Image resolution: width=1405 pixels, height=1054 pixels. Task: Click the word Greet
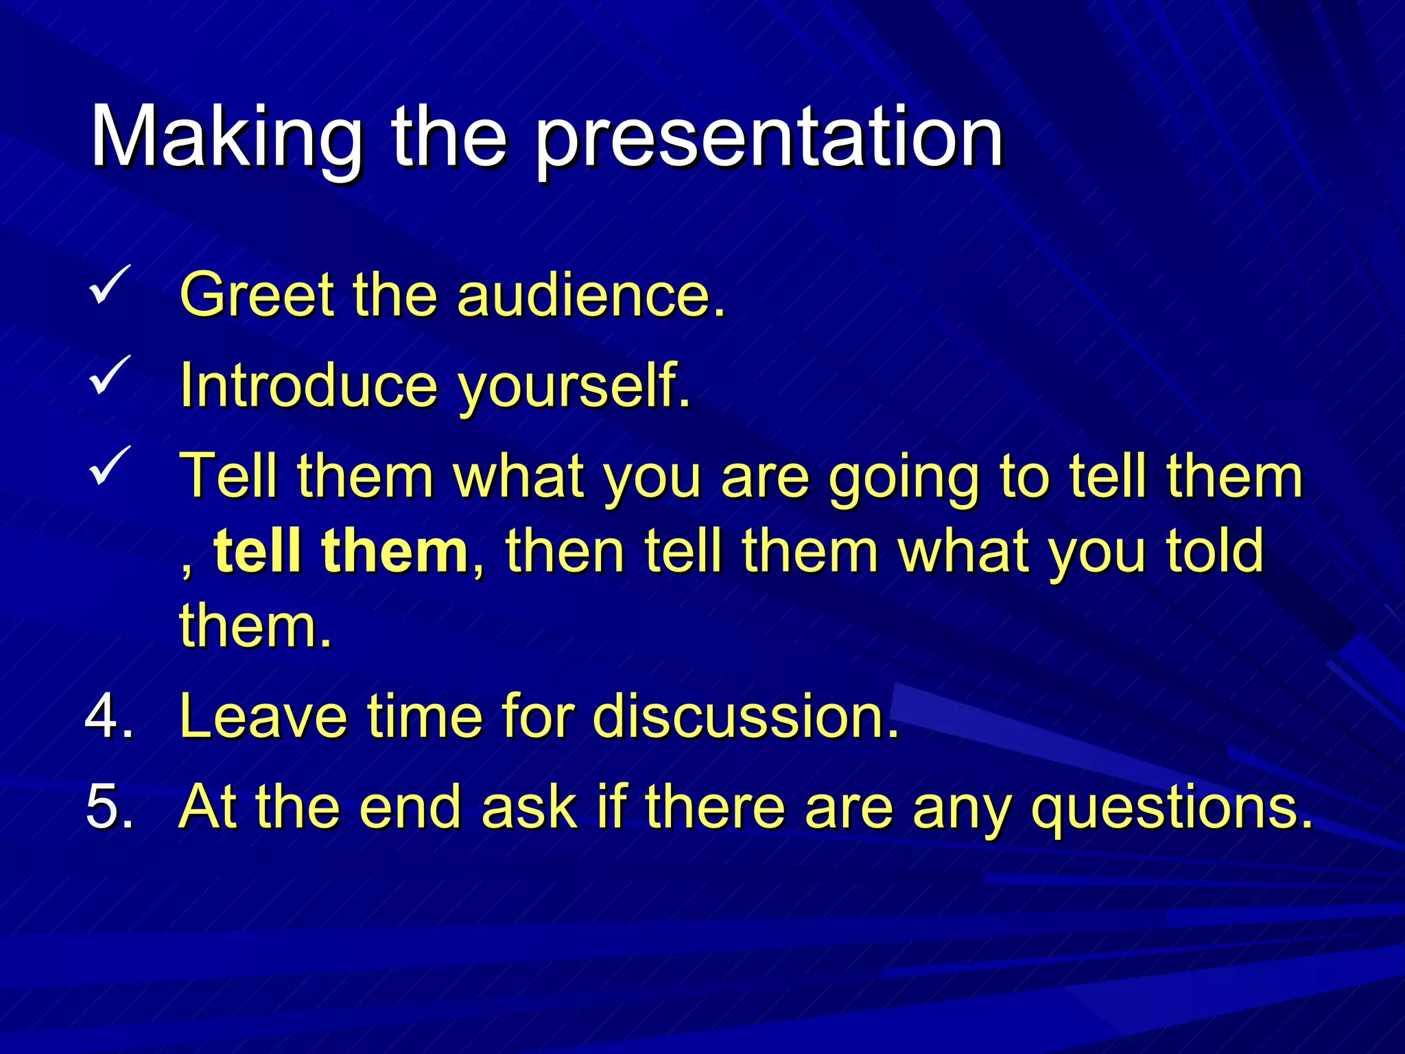[257, 295]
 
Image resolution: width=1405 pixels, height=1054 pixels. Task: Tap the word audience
[590, 295]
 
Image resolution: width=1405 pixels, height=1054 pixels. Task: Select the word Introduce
[308, 385]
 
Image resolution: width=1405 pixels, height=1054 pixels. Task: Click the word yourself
[574, 388]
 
